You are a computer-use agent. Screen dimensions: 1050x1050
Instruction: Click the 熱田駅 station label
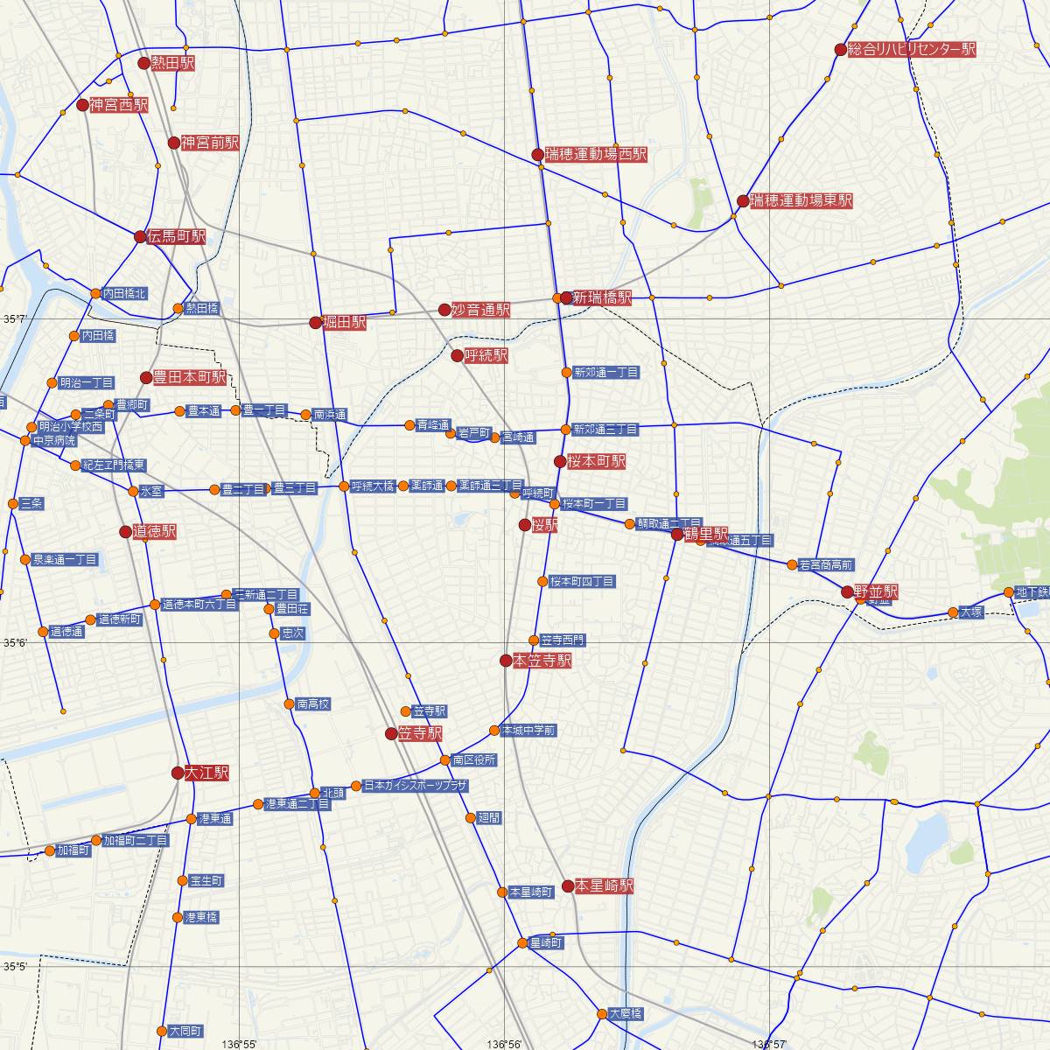coord(172,63)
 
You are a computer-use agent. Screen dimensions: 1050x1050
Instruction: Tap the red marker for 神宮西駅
coord(82,105)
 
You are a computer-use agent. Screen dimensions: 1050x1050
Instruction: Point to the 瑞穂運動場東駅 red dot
coord(743,201)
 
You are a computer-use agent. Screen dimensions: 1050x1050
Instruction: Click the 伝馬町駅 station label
coord(178,236)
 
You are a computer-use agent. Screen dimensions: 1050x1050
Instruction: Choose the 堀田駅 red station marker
coord(315,323)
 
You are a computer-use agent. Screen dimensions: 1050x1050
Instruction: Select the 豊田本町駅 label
coord(190,377)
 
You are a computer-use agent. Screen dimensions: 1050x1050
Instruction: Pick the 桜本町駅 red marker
coord(560,461)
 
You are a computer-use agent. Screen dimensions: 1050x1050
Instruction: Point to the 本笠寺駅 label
coord(542,661)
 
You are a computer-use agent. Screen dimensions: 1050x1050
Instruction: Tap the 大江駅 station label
coord(206,773)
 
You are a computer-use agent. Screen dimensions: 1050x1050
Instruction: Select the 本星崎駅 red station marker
coord(567,886)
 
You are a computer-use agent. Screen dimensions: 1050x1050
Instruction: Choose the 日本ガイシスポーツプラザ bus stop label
coord(415,786)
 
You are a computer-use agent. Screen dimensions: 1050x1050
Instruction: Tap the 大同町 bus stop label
coord(186,1031)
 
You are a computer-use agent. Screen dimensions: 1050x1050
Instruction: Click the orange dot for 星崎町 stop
coord(522,943)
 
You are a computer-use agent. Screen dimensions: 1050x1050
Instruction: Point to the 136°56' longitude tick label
coord(507,1044)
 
